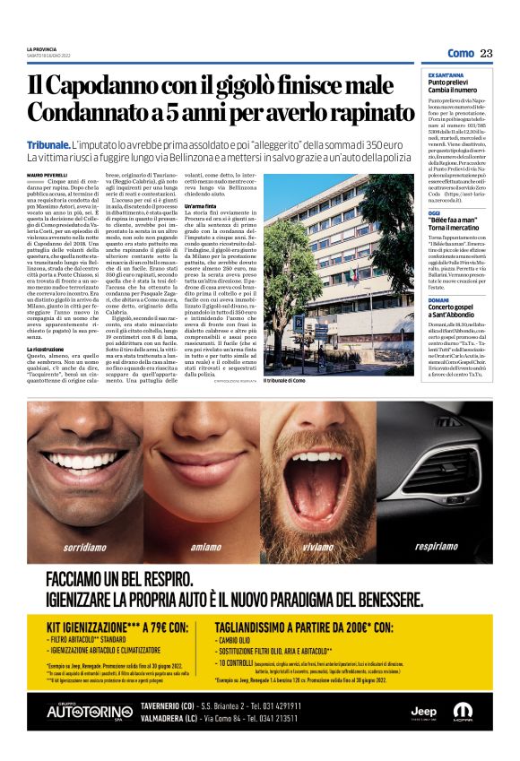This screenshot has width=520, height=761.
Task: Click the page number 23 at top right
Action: click(486, 53)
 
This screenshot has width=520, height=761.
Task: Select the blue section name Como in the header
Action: click(460, 53)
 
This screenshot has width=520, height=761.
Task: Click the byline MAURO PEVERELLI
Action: click(47, 174)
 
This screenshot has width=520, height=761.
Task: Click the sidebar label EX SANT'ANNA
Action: click(446, 74)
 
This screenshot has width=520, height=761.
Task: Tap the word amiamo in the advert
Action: click(206, 546)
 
